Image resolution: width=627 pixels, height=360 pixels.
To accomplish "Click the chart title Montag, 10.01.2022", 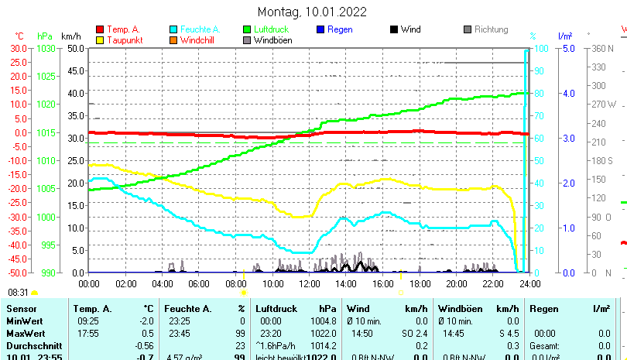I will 313,12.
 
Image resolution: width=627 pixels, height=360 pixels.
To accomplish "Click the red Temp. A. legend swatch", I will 99,30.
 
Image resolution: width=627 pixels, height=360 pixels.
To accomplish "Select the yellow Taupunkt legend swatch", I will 99,40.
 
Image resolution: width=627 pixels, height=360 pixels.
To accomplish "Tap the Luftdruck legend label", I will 269,29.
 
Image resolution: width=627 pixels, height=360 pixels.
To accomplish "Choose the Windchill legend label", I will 199,40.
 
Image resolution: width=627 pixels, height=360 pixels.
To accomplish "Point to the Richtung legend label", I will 491,29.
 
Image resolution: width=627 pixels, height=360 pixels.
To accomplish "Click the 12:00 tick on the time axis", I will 309,283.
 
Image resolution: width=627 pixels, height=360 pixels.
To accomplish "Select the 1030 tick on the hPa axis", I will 46,48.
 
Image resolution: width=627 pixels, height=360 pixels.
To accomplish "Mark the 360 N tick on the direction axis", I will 604,48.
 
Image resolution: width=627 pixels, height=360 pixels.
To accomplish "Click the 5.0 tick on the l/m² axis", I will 567,48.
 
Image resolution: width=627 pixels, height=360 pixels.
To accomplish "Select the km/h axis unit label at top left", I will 70,36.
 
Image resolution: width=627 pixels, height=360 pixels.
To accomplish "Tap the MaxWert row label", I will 25,321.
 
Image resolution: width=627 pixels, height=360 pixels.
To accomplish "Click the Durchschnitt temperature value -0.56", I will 145,345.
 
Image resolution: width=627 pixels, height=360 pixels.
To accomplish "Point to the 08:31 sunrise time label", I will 18,293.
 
